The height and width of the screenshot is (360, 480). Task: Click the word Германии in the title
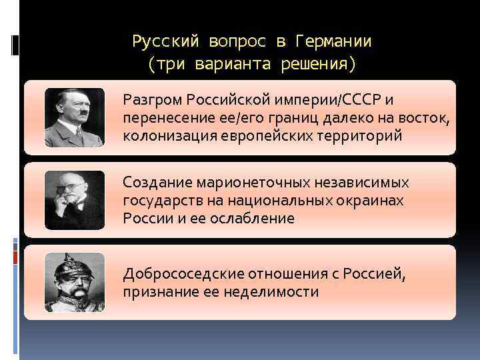[x=331, y=42]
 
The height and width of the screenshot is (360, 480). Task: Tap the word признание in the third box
[x=157, y=291]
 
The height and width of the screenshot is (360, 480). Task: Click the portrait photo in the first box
[x=75, y=118]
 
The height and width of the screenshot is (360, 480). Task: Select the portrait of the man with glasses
[x=75, y=200]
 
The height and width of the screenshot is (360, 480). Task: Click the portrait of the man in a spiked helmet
[x=75, y=283]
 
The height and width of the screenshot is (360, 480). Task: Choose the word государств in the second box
[x=158, y=201]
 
